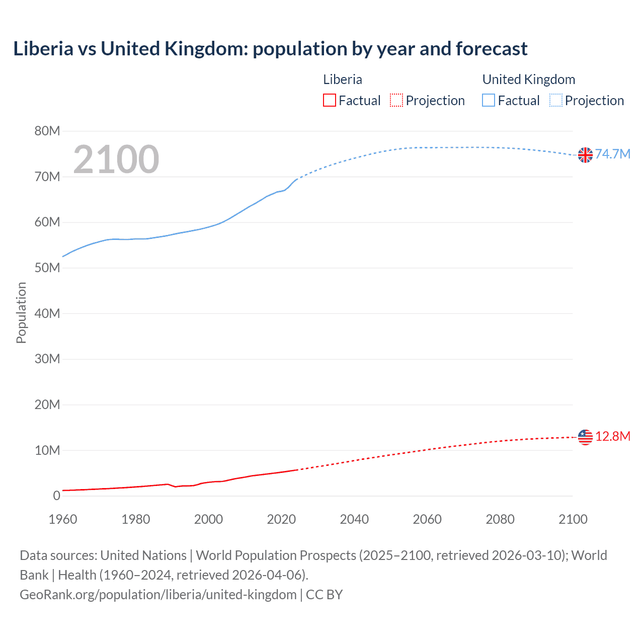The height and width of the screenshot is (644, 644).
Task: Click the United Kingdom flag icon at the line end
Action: click(x=585, y=155)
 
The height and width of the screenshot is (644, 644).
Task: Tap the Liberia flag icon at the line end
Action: click(x=585, y=437)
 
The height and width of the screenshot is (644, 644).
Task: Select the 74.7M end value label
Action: click(x=612, y=154)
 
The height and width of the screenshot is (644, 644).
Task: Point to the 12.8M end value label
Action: click(x=612, y=436)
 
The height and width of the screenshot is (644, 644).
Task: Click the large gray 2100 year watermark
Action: click(x=116, y=159)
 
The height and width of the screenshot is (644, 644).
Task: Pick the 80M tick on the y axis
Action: click(x=47, y=131)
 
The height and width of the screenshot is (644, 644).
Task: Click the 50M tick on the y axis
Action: click(x=47, y=268)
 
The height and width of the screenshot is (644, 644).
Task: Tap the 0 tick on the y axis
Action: click(x=56, y=496)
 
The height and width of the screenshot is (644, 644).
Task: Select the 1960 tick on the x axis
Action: click(x=63, y=519)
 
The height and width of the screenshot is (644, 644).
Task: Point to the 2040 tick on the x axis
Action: click(x=354, y=519)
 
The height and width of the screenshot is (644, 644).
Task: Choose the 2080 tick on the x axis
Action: click(x=500, y=519)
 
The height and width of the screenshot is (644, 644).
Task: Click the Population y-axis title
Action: click(x=21, y=312)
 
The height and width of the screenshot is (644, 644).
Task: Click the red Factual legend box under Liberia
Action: click(x=329, y=101)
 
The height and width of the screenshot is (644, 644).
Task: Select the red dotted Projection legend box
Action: click(x=396, y=101)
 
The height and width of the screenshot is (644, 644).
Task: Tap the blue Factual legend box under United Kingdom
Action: click(x=489, y=101)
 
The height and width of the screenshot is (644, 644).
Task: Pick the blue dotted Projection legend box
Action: click(x=556, y=101)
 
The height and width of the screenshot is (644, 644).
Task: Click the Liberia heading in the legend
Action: click(x=342, y=79)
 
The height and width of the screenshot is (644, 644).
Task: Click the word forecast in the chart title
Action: click(x=492, y=49)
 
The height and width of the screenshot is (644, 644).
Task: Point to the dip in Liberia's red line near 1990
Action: click(x=175, y=487)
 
